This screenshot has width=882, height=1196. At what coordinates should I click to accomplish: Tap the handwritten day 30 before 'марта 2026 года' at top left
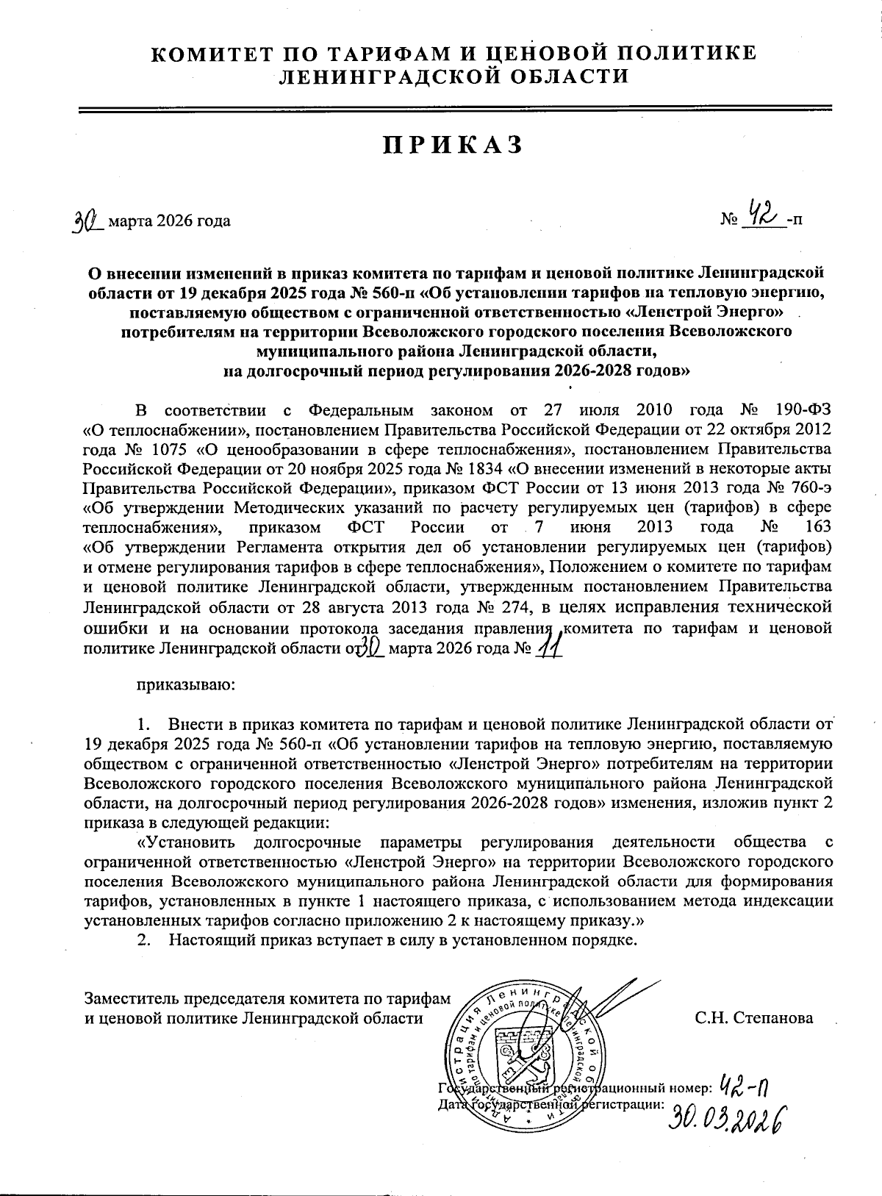pyautogui.click(x=87, y=219)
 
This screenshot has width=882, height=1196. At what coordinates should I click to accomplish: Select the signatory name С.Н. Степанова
pyautogui.click(x=753, y=1018)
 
